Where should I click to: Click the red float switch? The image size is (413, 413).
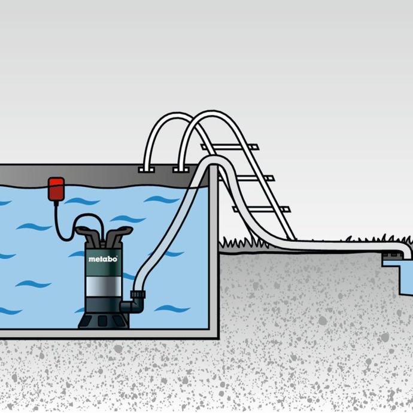[x=56, y=189]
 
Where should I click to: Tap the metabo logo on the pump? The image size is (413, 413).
[x=103, y=259]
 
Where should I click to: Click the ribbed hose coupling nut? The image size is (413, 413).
[x=138, y=294]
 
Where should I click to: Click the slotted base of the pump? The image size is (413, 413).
[x=104, y=321]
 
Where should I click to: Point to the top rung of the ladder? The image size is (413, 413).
[x=230, y=147]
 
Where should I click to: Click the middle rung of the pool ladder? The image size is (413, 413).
[x=246, y=178]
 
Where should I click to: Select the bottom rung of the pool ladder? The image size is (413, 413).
[x=262, y=209]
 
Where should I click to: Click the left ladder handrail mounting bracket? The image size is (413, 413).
[x=146, y=169]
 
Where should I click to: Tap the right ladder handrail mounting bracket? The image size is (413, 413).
[x=181, y=169]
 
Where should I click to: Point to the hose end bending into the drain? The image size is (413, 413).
[x=404, y=250]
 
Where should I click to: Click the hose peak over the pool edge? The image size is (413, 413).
[x=212, y=160]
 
